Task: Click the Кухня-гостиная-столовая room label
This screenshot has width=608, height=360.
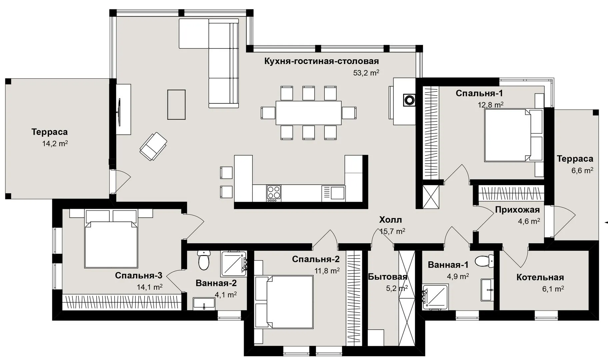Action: (x=322, y=61)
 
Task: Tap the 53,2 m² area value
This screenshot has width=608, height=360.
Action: (x=366, y=73)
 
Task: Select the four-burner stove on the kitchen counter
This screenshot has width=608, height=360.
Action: (x=274, y=193)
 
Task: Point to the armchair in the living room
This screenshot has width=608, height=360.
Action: (x=153, y=146)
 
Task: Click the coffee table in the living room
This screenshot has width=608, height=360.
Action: (x=176, y=104)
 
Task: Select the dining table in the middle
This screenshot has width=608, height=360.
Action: (x=308, y=113)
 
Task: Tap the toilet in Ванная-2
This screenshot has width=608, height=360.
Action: (x=203, y=260)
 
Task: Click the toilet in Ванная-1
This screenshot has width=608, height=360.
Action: (x=485, y=261)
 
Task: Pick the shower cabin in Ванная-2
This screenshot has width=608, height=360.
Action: (x=234, y=263)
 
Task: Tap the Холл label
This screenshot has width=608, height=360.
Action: (x=390, y=220)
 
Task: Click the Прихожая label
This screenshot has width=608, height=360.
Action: (x=517, y=210)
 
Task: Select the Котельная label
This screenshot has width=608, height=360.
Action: (x=540, y=277)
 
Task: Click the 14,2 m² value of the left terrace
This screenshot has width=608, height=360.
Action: (x=55, y=144)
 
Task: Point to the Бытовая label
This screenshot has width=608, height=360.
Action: (x=388, y=277)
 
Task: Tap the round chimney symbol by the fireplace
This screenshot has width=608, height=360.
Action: (x=409, y=99)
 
